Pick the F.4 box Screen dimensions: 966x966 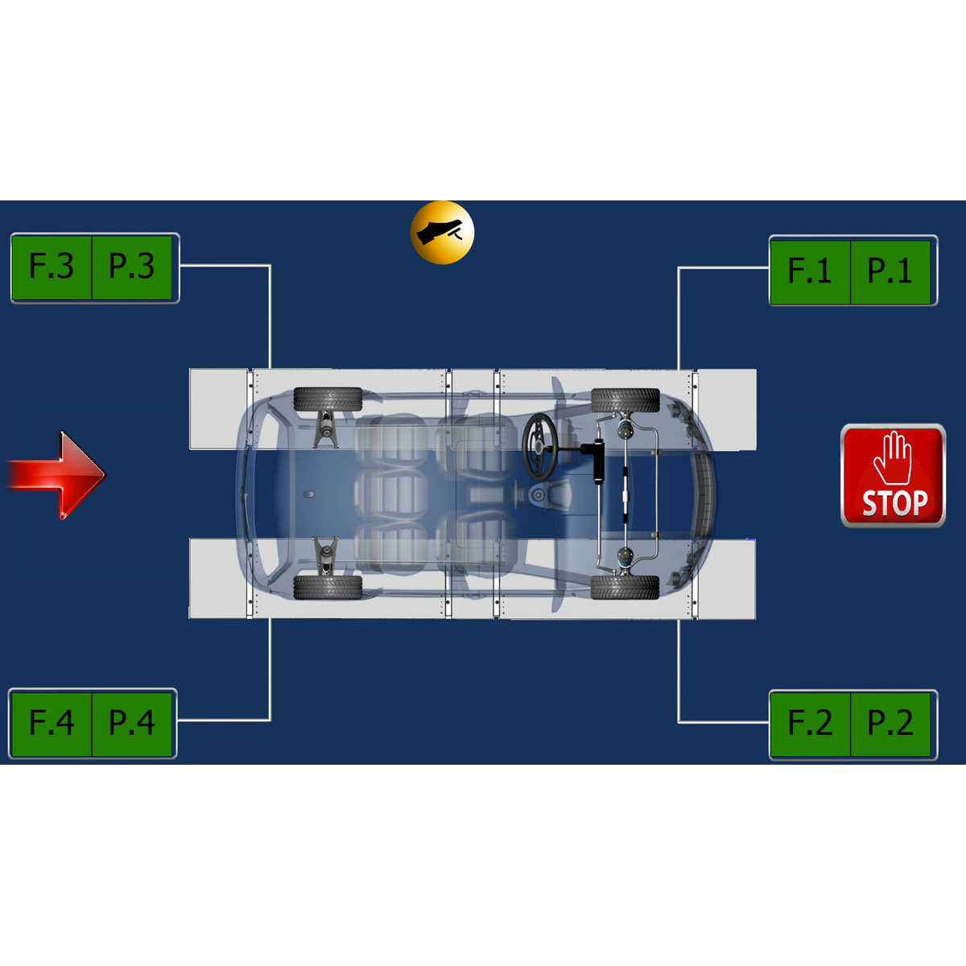(52, 724)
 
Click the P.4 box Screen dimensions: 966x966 (132, 724)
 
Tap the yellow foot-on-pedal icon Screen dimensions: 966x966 (442, 233)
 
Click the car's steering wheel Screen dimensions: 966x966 (540, 447)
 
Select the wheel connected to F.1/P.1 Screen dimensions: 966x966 (625, 400)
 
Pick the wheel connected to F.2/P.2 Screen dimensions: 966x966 (625, 587)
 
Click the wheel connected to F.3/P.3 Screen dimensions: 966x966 (328, 399)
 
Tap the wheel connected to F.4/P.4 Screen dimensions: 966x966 (328, 588)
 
